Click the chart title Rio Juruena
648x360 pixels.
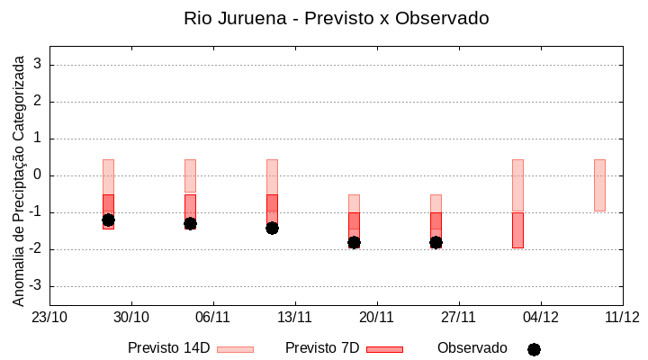(x=336, y=18)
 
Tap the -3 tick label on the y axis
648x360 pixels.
(x=36, y=286)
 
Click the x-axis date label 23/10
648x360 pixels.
(x=49, y=317)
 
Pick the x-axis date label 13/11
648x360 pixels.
(x=294, y=317)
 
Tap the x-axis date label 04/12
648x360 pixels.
(x=540, y=317)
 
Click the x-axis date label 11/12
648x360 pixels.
(x=622, y=317)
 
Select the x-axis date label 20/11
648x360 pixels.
(x=376, y=317)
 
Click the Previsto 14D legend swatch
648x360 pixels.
(x=235, y=349)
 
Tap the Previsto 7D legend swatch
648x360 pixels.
(x=384, y=349)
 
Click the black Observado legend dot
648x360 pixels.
(x=534, y=349)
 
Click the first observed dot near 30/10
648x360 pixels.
(x=108, y=220)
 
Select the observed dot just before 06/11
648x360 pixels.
(x=190, y=223)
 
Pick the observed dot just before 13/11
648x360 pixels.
(x=272, y=228)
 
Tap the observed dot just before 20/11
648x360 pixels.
(x=354, y=242)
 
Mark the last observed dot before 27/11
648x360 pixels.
(x=436, y=242)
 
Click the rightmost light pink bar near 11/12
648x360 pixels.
(x=599, y=184)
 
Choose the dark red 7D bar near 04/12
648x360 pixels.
(x=517, y=229)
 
